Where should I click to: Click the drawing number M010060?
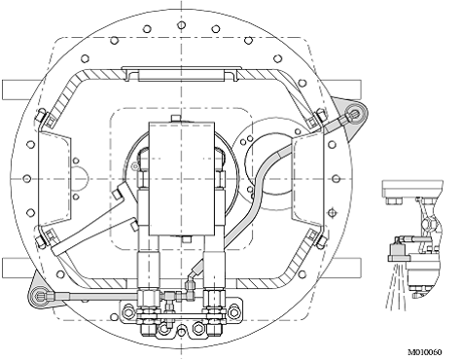click(x=424, y=352)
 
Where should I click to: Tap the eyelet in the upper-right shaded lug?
click(x=356, y=113)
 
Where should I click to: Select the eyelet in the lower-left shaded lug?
click(x=41, y=296)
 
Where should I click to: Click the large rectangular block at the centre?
click(x=182, y=179)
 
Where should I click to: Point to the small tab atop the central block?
click(x=176, y=118)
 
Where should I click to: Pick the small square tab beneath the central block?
click(x=186, y=239)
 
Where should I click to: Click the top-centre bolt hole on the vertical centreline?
click(x=182, y=25)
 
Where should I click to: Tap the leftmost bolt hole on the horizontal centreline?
click(x=27, y=179)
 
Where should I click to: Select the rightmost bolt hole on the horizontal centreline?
click(x=337, y=179)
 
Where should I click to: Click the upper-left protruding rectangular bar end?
click(x=18, y=90)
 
